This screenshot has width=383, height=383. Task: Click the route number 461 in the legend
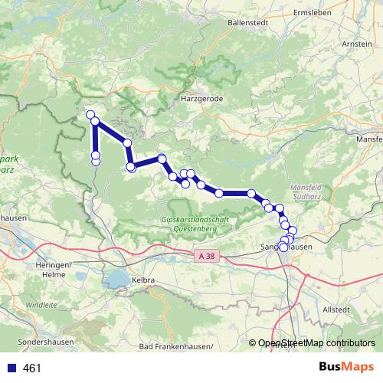click(32, 368)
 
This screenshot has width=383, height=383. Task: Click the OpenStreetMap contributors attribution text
click(316, 344)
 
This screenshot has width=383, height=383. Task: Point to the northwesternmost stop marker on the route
click(90, 115)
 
